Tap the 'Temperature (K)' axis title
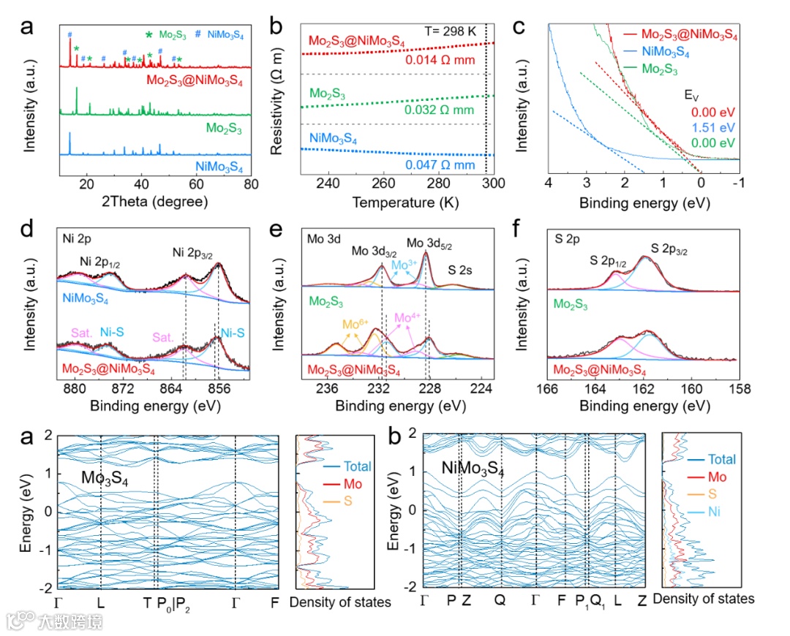click(x=396, y=201)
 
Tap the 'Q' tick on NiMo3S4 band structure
click(x=500, y=601)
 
